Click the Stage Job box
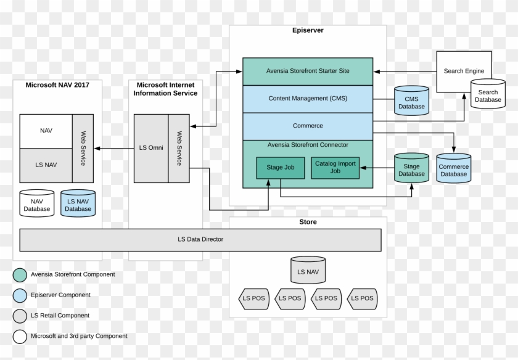coord(280,168)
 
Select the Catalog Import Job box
coord(335,168)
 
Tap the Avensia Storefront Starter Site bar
coord(307,71)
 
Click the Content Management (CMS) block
coord(307,99)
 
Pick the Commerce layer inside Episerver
coord(307,126)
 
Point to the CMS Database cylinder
coord(411,101)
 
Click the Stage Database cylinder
coord(411,168)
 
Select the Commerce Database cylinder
coord(453,168)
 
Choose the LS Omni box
coord(151,148)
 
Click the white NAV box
coord(46,131)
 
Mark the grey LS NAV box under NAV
coord(46,165)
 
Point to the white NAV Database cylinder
coord(37,203)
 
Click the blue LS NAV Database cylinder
coord(78,203)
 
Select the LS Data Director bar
coord(200,239)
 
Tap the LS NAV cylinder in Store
coord(308,270)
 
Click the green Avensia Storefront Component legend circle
coord(20,274)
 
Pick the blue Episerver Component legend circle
coord(20,295)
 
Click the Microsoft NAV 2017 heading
coord(57,85)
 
